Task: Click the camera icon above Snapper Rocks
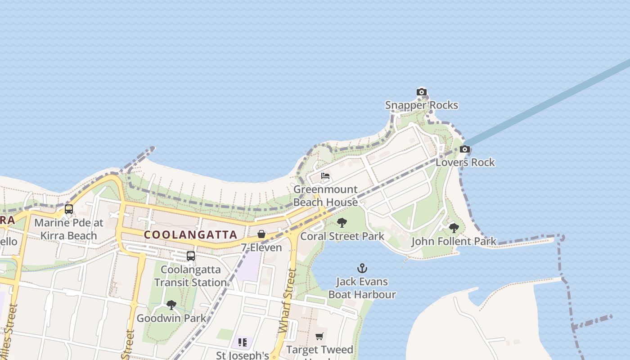tap(421, 92)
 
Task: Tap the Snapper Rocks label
tap(422, 105)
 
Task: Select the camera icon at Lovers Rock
tap(465, 149)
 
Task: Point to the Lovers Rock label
tap(465, 162)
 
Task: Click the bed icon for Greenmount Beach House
tap(325, 176)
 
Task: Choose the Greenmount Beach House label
tap(325, 196)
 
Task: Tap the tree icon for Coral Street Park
tap(342, 223)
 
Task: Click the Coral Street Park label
tap(342, 236)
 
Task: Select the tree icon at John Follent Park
tap(454, 228)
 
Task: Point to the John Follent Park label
tap(454, 241)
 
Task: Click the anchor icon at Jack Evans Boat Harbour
tap(362, 269)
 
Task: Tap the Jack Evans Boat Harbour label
tap(362, 288)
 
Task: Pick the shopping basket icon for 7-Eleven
tap(261, 234)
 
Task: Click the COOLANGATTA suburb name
tap(190, 235)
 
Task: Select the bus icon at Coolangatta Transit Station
tap(191, 256)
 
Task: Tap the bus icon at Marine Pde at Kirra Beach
tap(69, 209)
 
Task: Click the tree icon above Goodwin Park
tap(171, 305)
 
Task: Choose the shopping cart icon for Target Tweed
tap(319, 336)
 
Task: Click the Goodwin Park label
tap(171, 318)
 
